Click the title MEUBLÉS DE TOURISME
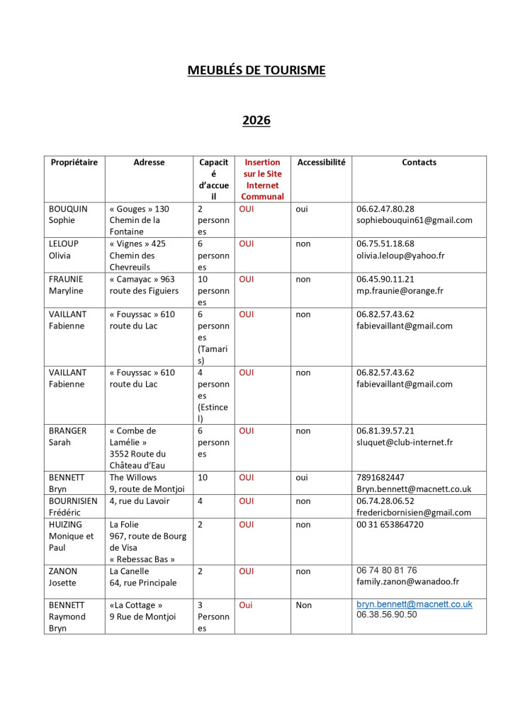point(256,70)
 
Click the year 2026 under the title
point(256,120)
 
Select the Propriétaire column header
point(74,162)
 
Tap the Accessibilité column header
point(321,162)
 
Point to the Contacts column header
point(419,162)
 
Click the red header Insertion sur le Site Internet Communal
point(262,179)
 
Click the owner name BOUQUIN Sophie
point(68,215)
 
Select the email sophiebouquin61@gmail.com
point(414,220)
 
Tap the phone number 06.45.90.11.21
point(385,279)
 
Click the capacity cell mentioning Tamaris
point(213,337)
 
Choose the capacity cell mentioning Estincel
point(213,395)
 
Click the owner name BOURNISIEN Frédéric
point(73,506)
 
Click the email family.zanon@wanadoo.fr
point(407,582)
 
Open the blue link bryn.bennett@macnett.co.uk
point(414,605)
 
